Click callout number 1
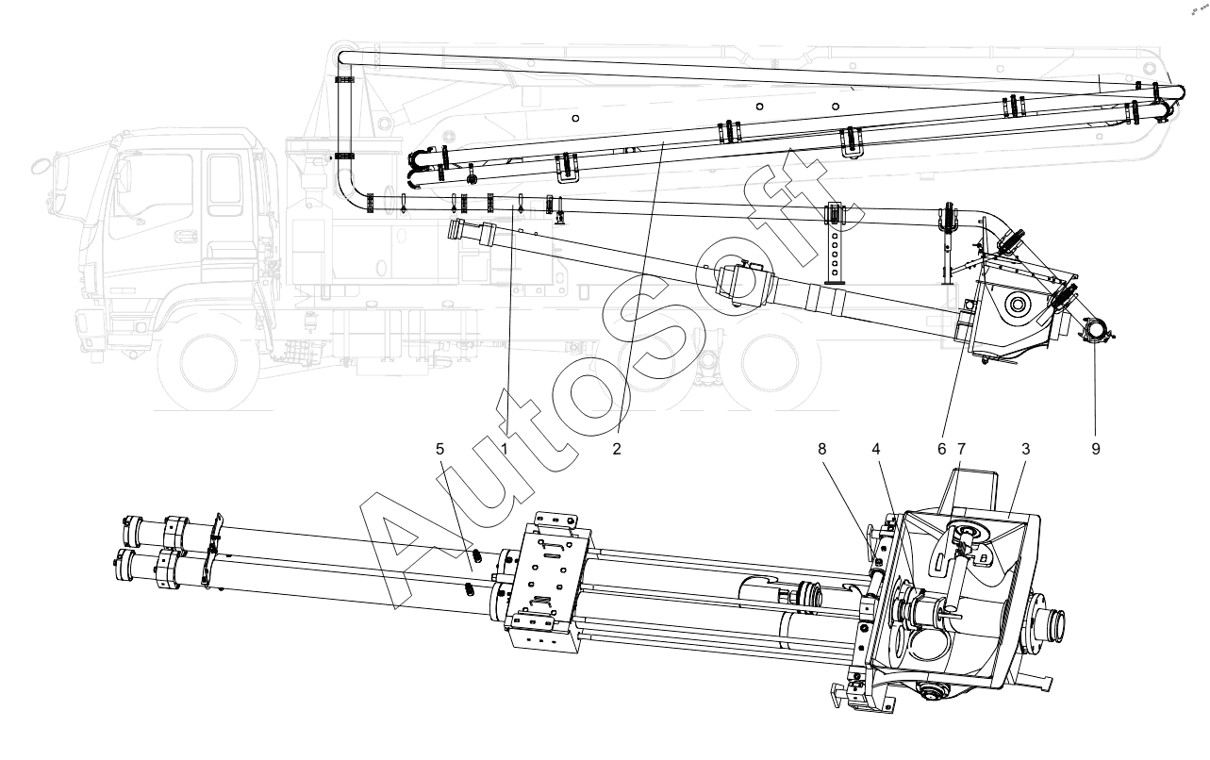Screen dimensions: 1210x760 tap(505, 449)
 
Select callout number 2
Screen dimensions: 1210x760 tap(617, 449)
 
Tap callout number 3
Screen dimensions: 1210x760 tap(1025, 449)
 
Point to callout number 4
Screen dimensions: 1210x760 tap(875, 449)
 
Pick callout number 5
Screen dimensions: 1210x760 tap(439, 449)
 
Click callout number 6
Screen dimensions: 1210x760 tap(941, 449)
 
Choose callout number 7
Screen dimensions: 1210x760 tap(961, 449)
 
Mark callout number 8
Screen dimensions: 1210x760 tap(821, 449)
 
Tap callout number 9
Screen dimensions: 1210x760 tap(1096, 449)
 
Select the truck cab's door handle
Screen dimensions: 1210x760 tap(185, 236)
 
